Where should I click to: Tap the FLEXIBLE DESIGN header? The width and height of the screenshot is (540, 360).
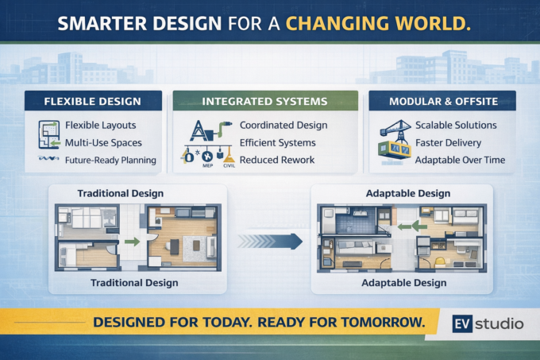click(x=93, y=101)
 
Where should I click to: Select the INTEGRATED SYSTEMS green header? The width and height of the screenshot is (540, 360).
click(x=265, y=101)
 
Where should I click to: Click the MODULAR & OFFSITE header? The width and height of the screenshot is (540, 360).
click(x=442, y=101)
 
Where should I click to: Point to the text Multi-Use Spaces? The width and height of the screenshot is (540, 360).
click(x=103, y=142)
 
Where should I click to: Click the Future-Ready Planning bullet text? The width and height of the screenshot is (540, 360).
click(x=110, y=161)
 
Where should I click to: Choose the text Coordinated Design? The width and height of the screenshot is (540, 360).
click(x=283, y=125)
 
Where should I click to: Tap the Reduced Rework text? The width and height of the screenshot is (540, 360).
click(x=277, y=160)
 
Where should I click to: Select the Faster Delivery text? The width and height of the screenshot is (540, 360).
click(x=449, y=142)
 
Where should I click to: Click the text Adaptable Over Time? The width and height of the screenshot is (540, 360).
click(x=460, y=160)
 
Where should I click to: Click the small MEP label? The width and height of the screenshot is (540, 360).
click(x=208, y=166)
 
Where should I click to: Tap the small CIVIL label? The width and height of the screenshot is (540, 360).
click(x=229, y=166)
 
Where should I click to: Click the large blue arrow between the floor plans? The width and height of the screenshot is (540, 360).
click(x=270, y=241)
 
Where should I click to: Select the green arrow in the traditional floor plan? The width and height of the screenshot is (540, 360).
click(x=133, y=242)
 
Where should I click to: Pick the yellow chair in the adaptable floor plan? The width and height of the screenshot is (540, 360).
click(x=440, y=262)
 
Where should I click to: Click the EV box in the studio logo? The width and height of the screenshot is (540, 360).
click(x=462, y=323)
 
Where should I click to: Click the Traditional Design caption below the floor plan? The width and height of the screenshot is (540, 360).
click(x=134, y=283)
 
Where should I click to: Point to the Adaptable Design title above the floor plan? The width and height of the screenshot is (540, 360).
click(x=408, y=194)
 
